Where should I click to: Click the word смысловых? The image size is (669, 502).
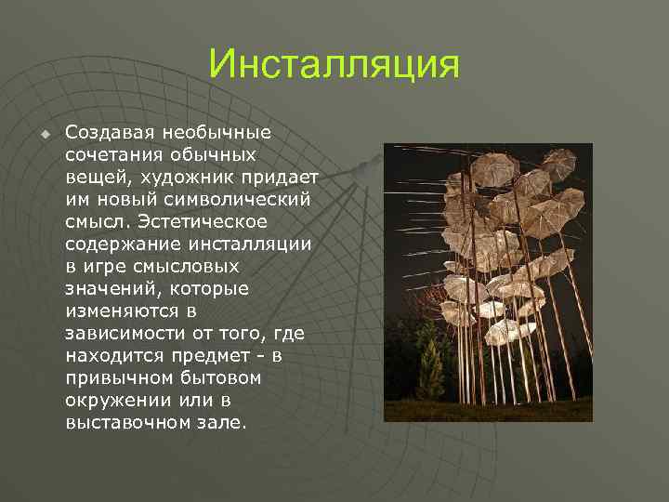click(x=162, y=267)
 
